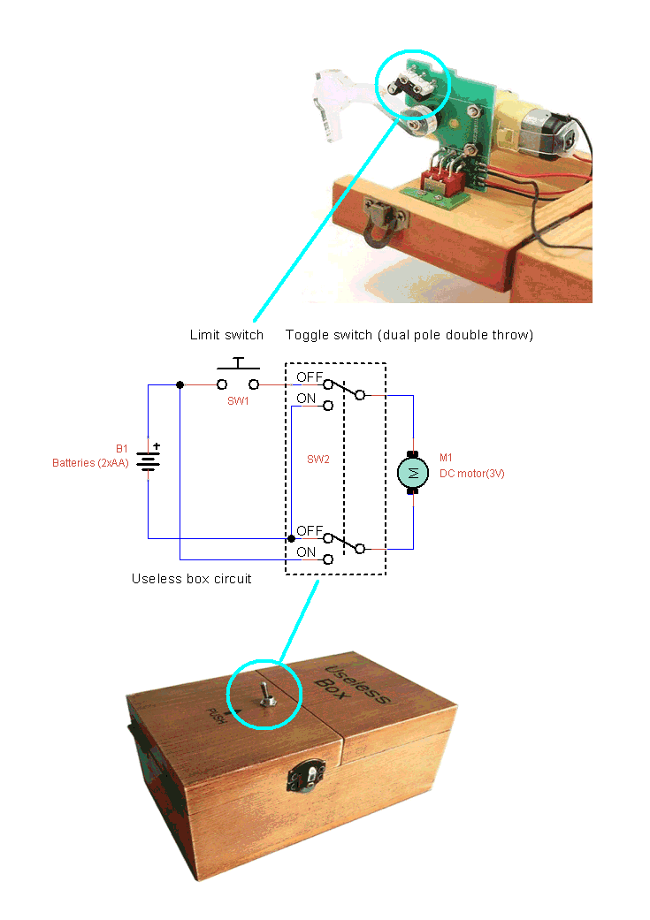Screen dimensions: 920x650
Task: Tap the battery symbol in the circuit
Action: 148,460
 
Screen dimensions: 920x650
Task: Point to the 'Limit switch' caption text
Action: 226,335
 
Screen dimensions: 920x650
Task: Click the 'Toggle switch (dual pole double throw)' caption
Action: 409,335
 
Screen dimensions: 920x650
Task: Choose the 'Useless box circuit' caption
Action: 191,579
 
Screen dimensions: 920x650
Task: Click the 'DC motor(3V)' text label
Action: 472,474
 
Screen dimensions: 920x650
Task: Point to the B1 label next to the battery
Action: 121,449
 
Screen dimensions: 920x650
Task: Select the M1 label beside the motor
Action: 447,458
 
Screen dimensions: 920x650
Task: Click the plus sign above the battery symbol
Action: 157,446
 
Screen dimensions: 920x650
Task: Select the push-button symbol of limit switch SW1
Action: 238,375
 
